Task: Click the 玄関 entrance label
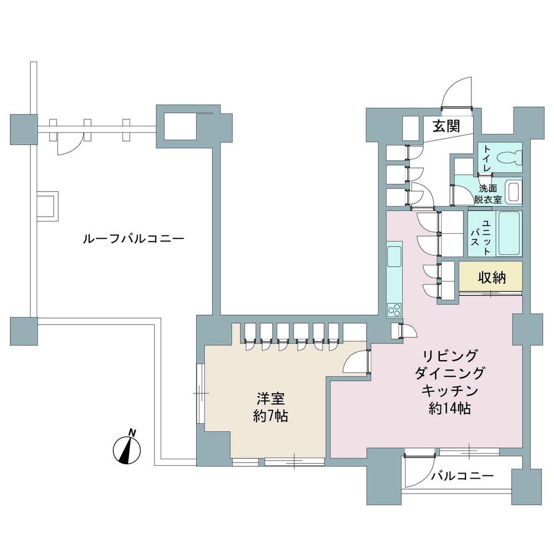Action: coord(446,126)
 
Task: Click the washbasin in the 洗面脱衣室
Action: coord(513,192)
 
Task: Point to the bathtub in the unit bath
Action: coord(509,233)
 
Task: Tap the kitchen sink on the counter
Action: coord(394,257)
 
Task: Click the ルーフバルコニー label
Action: coord(133,239)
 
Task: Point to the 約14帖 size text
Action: coord(450,409)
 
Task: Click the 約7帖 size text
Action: coord(270,417)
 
